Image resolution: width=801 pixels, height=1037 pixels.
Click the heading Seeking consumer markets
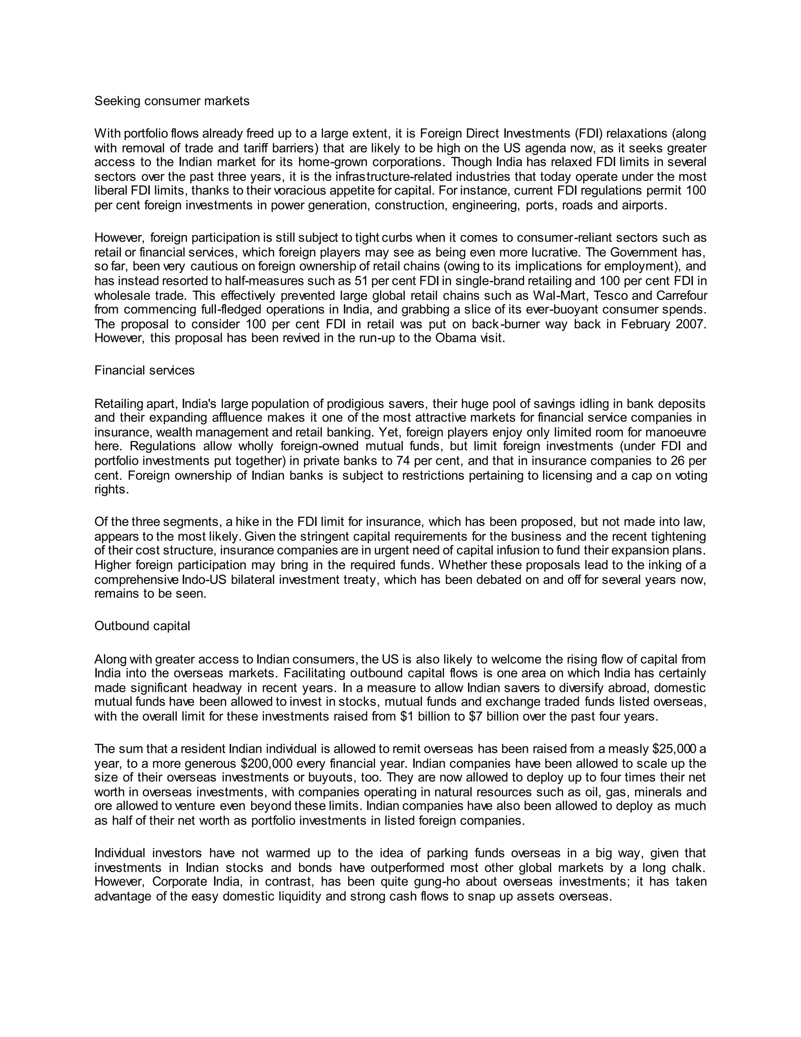click(x=172, y=101)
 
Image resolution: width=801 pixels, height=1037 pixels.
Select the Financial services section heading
click(x=144, y=370)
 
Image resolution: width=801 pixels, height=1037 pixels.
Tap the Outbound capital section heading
click(x=142, y=626)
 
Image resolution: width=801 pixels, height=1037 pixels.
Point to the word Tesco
click(x=611, y=296)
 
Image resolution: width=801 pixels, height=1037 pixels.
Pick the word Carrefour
click(x=681, y=296)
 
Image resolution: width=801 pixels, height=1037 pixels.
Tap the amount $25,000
click(x=676, y=749)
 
